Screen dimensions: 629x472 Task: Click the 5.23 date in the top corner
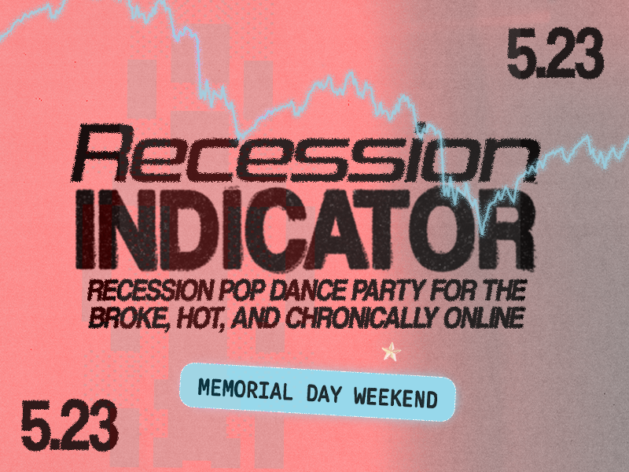pos(555,53)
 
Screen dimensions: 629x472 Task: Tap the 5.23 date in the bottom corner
pos(69,426)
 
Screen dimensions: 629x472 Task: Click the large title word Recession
pos(305,153)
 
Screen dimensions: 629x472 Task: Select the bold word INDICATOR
pos(306,229)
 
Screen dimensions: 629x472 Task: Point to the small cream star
pos(391,352)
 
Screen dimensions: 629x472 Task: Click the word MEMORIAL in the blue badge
pos(245,389)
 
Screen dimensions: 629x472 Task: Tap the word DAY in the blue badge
pos(324,393)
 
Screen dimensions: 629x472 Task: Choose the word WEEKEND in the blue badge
pos(395,397)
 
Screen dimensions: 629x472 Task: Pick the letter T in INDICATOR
pos(384,229)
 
